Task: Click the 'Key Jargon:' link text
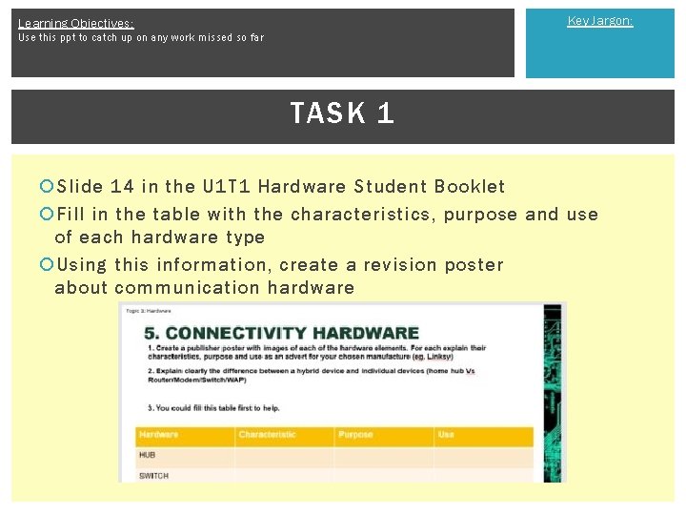[x=599, y=20]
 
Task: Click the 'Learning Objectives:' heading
[x=76, y=23]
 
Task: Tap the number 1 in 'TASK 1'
[x=385, y=113]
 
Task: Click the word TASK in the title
[x=328, y=113]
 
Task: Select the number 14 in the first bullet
[x=122, y=187]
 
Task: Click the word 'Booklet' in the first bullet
[x=470, y=187]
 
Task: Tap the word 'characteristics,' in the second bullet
[x=361, y=215]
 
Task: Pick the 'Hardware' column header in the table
[x=159, y=435]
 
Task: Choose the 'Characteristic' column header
[x=268, y=435]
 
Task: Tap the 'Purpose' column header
[x=355, y=435]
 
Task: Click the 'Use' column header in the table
[x=446, y=435]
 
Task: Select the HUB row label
[x=148, y=455]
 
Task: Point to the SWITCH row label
[x=154, y=475]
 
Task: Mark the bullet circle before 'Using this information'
[x=47, y=265]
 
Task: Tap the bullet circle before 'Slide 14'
[x=47, y=187]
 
